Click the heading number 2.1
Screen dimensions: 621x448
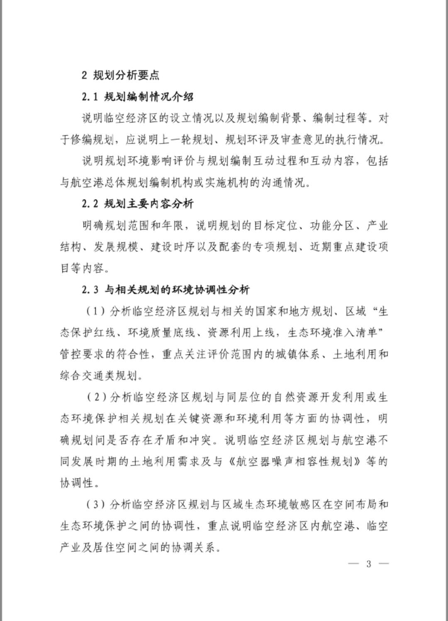(90, 97)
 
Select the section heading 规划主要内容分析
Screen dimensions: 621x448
(149, 204)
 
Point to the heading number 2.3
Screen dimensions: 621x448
(90, 290)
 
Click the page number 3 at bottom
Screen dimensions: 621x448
(369, 564)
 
